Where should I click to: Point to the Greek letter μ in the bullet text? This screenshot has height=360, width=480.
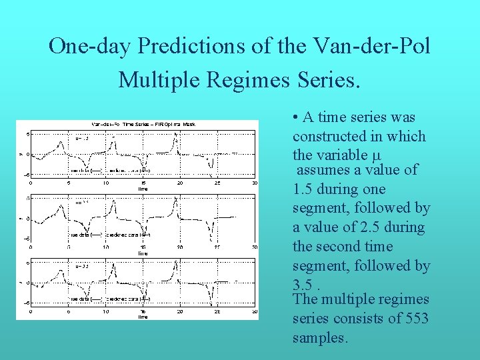(375, 155)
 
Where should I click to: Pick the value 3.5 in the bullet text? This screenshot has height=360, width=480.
(303, 285)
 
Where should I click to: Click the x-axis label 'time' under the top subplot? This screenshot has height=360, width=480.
(143, 189)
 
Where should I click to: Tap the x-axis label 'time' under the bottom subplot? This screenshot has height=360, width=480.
(143, 317)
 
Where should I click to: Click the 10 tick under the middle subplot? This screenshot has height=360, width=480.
(105, 247)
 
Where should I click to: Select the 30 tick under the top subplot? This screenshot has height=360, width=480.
(254, 183)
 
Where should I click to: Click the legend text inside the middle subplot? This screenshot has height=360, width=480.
(111, 235)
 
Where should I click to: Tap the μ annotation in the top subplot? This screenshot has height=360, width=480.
(81, 139)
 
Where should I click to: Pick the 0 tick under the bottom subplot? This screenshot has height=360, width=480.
(31, 311)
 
